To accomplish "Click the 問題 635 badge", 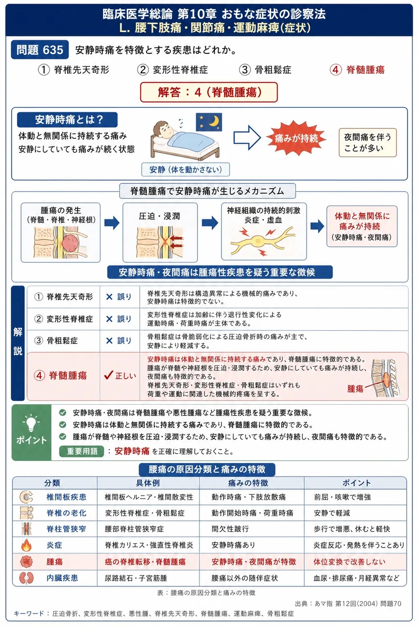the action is (40, 50).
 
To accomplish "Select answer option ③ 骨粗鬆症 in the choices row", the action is (265, 70).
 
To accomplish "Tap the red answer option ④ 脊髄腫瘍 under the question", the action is (357, 70).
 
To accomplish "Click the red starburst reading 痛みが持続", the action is (296, 138).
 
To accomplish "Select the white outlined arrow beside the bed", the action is (247, 138).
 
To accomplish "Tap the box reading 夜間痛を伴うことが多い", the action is (368, 143).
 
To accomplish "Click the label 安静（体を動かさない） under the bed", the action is (185, 169).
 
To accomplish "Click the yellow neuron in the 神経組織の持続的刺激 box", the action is (262, 241).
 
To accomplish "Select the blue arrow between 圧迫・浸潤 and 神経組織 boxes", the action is (210, 223).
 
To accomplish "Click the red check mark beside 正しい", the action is (108, 375).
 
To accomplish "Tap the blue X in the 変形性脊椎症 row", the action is (109, 319).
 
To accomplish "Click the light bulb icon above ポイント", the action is (31, 423).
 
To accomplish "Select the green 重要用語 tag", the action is (81, 451).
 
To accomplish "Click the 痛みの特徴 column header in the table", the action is (248, 483).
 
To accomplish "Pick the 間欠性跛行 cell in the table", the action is (230, 529).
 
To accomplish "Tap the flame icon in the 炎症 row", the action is (26, 545).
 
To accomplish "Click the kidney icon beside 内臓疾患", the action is (26, 578).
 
